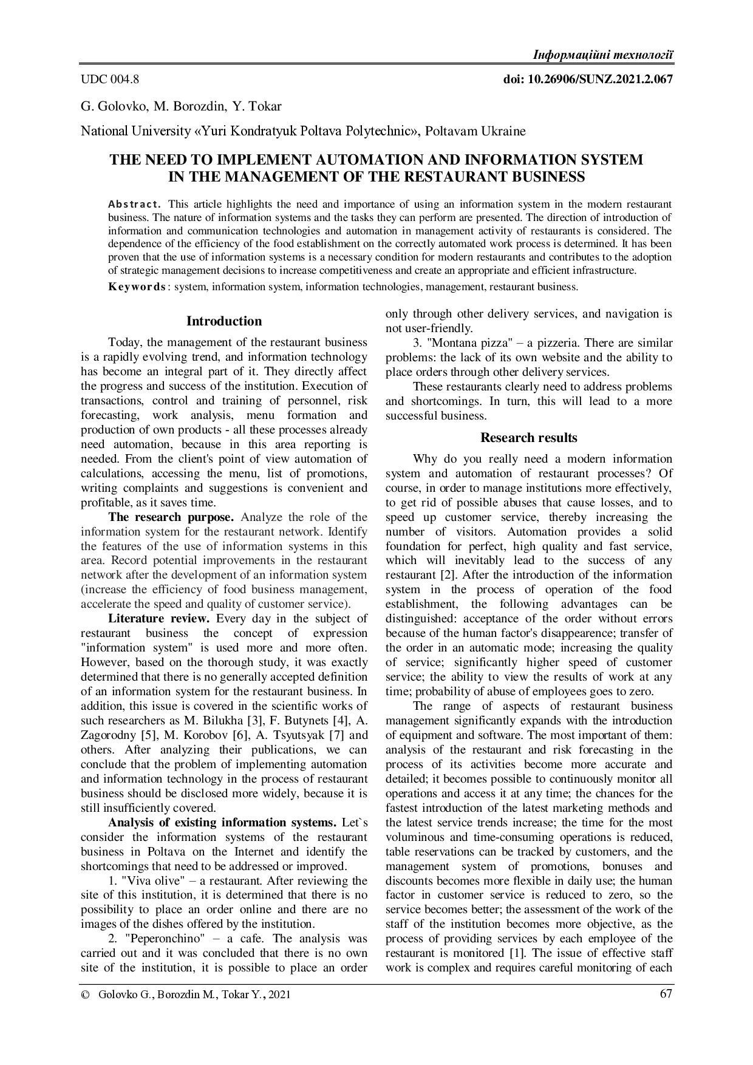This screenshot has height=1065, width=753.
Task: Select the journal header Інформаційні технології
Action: (x=602, y=55)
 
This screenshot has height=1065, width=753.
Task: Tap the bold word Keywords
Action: (x=137, y=287)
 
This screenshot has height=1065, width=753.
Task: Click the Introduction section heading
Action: (x=224, y=321)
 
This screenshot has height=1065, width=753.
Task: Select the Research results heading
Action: (x=528, y=438)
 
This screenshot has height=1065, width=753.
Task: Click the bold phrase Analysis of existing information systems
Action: (x=222, y=823)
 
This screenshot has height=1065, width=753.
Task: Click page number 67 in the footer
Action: (x=666, y=994)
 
